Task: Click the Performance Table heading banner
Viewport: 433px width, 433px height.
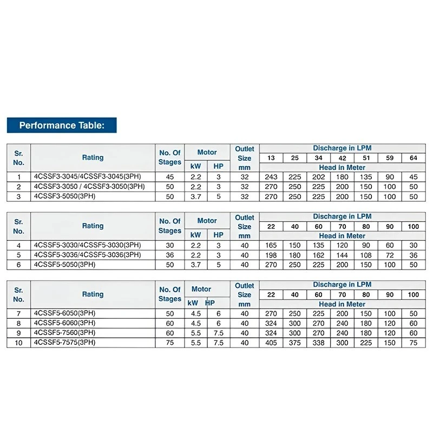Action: point(61,126)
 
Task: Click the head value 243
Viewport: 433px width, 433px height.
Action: point(271,177)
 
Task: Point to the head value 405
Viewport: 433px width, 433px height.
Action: point(271,343)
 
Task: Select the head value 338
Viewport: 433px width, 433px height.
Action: point(319,343)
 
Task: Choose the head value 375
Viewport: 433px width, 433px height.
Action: point(295,343)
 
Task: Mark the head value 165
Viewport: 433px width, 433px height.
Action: point(271,245)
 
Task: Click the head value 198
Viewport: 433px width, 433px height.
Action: point(271,255)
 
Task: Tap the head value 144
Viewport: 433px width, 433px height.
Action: point(342,255)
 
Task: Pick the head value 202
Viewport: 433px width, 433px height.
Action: point(319,177)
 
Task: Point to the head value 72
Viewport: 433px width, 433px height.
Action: point(390,255)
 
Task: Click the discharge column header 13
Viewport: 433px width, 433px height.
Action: point(271,158)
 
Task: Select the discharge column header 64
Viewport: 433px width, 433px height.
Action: point(413,158)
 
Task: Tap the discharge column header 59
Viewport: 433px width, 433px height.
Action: point(390,158)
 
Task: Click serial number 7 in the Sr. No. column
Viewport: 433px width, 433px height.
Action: point(18,313)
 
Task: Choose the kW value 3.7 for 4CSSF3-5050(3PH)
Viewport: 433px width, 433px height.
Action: point(196,196)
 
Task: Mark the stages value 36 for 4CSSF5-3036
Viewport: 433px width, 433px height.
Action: point(169,255)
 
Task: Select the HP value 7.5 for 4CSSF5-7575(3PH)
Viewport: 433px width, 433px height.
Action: point(218,343)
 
